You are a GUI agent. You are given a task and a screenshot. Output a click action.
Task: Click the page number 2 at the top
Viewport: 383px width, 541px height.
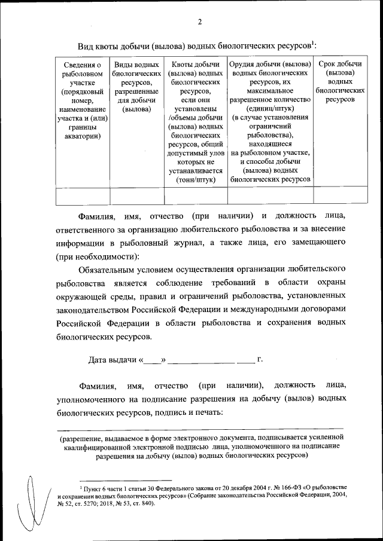[199, 23]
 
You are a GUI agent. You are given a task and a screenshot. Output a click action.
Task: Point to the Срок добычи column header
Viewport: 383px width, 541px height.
[340, 81]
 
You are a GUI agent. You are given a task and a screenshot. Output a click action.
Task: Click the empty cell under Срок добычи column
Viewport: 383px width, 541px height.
[340, 195]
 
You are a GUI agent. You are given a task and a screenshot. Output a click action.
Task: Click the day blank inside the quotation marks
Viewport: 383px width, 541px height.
[153, 360]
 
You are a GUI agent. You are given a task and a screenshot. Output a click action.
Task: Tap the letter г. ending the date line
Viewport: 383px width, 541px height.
[260, 360]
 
